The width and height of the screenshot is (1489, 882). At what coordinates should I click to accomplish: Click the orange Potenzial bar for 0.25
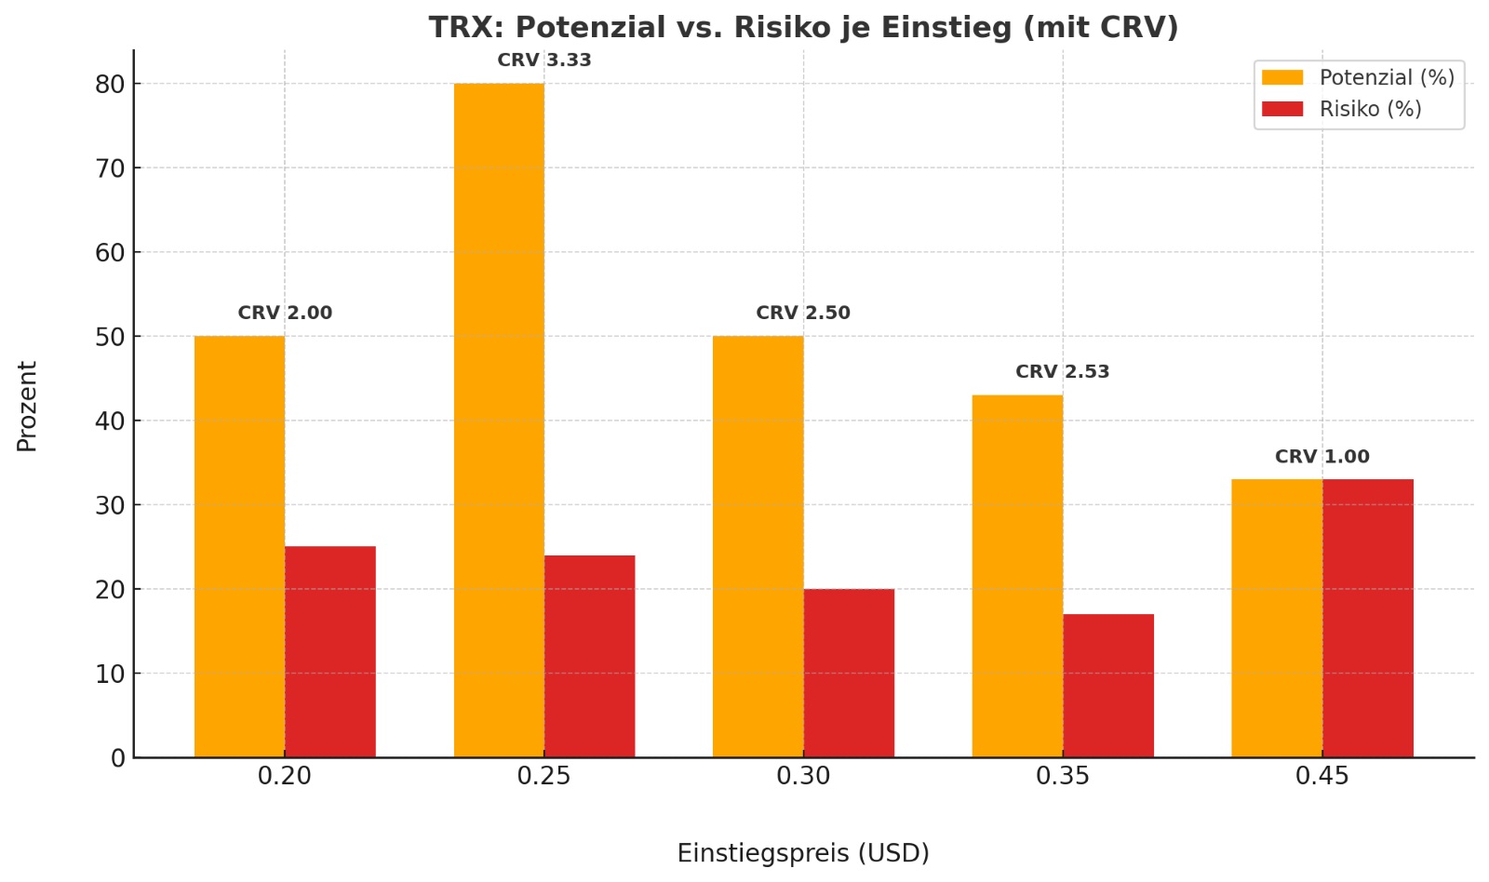pyautogui.click(x=499, y=419)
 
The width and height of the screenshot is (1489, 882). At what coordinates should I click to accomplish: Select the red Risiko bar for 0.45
pyautogui.click(x=1367, y=618)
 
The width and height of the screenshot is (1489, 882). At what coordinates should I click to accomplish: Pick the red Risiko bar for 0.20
pyautogui.click(x=329, y=651)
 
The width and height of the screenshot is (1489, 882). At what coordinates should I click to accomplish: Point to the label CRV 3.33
pyautogui.click(x=544, y=60)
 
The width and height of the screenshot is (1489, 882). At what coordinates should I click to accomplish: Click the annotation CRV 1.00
pyautogui.click(x=1321, y=457)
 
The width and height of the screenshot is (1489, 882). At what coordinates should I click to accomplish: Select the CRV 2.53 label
pyautogui.click(x=1062, y=372)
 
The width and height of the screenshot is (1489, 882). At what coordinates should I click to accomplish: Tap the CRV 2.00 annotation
pyautogui.click(x=285, y=314)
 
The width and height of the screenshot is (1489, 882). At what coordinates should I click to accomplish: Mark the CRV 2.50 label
pyautogui.click(x=803, y=314)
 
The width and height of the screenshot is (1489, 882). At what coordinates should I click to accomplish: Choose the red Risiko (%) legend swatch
pyautogui.click(x=1282, y=109)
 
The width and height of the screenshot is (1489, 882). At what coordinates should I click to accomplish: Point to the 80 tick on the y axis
pyautogui.click(x=110, y=85)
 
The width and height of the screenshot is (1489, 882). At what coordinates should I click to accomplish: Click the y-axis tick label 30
pyautogui.click(x=110, y=505)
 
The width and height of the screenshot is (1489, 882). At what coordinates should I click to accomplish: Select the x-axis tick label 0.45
pyautogui.click(x=1321, y=776)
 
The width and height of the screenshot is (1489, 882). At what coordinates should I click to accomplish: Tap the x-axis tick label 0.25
pyautogui.click(x=544, y=776)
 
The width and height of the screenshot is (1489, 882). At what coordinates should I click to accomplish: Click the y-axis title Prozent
pyautogui.click(x=27, y=407)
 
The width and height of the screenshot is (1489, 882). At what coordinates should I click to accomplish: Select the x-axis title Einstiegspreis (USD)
pyautogui.click(x=803, y=853)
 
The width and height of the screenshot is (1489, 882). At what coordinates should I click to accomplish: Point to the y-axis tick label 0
pyautogui.click(x=117, y=758)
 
